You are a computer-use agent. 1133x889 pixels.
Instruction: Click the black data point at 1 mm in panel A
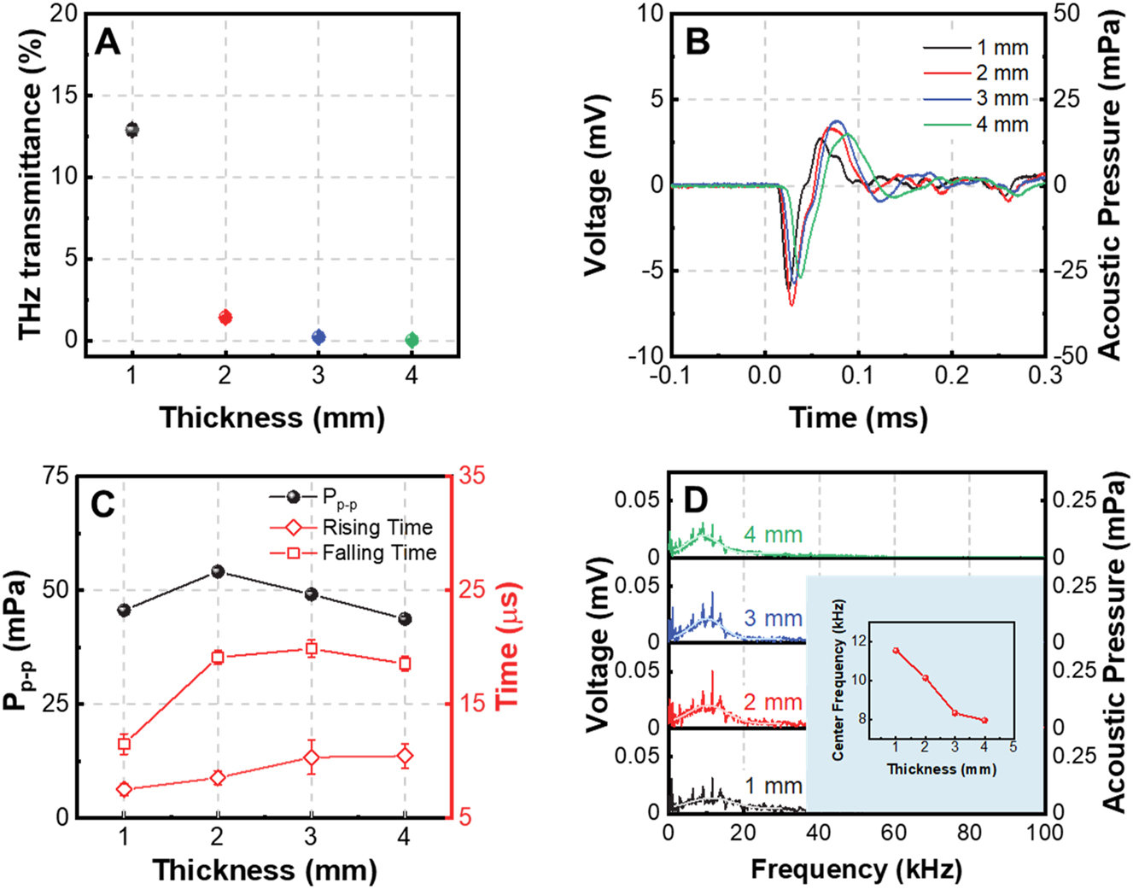(x=131, y=130)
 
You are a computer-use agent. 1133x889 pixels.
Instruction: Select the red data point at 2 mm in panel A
(x=225, y=318)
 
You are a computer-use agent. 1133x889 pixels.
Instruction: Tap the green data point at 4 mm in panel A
(x=412, y=341)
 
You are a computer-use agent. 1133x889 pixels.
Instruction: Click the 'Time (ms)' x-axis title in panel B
(x=858, y=418)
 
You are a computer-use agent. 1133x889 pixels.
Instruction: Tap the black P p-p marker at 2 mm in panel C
(x=218, y=571)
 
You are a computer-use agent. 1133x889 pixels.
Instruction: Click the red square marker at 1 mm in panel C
(x=125, y=745)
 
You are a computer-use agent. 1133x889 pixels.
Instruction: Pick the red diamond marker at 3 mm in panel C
(x=312, y=757)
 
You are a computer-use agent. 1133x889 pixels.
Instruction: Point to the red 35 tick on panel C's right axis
(x=471, y=476)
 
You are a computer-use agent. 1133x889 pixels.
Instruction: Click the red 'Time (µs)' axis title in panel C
(x=508, y=646)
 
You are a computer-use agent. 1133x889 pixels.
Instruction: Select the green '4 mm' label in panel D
(x=773, y=535)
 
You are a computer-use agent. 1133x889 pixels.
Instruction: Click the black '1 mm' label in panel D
(x=773, y=786)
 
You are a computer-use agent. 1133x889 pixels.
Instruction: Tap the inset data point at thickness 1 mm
(x=896, y=650)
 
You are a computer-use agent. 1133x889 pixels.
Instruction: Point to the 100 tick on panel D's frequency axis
(x=1044, y=833)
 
